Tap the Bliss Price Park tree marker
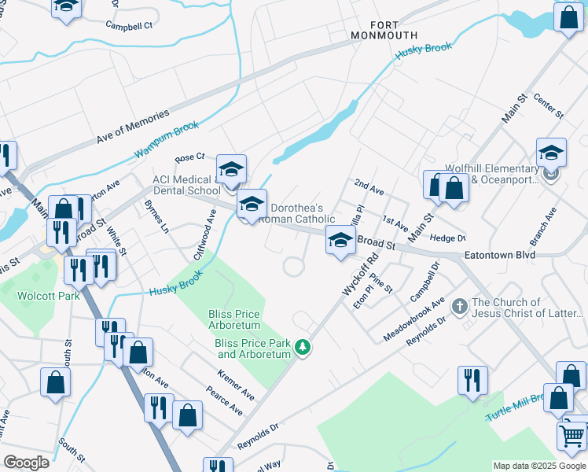[x=302, y=347]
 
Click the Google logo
[x=27, y=463]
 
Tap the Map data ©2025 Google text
[x=539, y=466]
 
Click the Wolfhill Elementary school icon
[x=551, y=154]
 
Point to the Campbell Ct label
[x=129, y=25]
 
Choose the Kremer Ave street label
[x=236, y=383]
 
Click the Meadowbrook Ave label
[x=413, y=319]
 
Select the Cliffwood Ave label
[x=204, y=234]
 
